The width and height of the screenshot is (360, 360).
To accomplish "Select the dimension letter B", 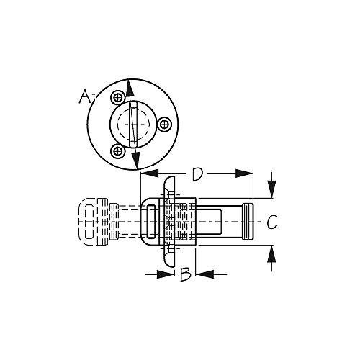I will (x=185, y=274).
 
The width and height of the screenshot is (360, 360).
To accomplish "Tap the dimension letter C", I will (x=271, y=222).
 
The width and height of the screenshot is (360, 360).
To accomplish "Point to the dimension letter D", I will (x=197, y=174).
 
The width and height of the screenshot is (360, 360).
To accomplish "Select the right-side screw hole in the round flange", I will (x=165, y=125).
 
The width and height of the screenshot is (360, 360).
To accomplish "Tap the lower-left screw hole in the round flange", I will (x=117, y=150).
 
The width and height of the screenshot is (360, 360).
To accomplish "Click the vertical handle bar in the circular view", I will (x=133, y=125).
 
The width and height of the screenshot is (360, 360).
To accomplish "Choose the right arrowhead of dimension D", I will (x=249, y=174).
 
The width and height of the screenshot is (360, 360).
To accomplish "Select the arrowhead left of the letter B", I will (x=167, y=274).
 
